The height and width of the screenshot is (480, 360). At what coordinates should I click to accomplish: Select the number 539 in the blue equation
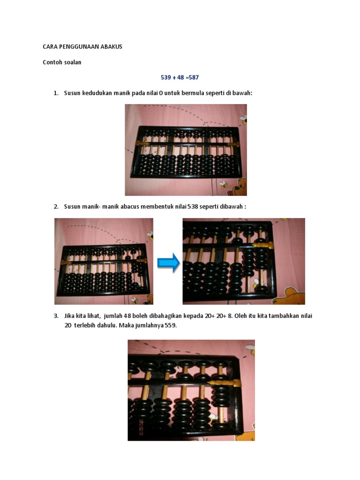pos(166,77)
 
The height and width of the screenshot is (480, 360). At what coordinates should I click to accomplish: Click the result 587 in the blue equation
pos(194,77)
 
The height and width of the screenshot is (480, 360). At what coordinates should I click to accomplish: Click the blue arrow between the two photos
pos(169,262)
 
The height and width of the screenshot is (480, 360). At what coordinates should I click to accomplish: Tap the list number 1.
pos(56,93)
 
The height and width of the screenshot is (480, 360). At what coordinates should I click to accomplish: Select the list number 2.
pos(56,207)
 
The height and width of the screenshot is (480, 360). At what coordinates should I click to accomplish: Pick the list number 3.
pos(56,315)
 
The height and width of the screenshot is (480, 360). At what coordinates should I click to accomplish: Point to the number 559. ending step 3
pos(171,325)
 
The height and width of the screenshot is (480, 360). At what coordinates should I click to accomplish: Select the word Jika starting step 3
pos(69,315)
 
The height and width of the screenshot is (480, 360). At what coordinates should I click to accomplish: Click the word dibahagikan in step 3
pos(165,315)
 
